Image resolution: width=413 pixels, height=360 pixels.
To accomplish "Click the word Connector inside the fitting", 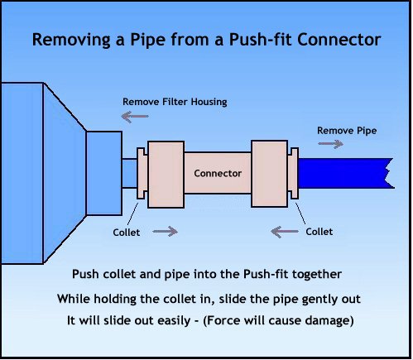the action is (x=218, y=173).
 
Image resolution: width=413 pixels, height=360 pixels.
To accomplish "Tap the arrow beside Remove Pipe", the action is (x=330, y=144).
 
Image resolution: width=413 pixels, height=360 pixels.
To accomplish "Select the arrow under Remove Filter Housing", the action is (x=135, y=117).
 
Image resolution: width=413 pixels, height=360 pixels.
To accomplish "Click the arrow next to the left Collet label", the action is (x=165, y=231).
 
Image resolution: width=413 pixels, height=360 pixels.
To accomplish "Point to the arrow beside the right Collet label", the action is (x=285, y=232).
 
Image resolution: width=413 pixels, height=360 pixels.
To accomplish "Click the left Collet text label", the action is (x=127, y=233).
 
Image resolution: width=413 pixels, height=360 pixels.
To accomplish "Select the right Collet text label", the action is (x=319, y=232).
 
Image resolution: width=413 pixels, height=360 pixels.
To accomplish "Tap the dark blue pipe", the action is (x=346, y=173).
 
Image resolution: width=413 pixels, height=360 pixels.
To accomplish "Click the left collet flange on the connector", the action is (x=142, y=173).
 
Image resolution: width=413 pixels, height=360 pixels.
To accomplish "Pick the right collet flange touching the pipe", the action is (x=293, y=173).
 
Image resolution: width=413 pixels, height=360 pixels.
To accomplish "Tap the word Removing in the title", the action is (x=71, y=40).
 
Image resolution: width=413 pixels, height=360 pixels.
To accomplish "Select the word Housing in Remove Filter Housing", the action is (x=209, y=102).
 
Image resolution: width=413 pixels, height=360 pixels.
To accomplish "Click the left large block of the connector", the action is (x=166, y=175).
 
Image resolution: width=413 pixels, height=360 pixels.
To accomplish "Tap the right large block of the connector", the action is (x=270, y=174).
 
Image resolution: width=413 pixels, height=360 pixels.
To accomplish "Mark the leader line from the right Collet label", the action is (x=300, y=214).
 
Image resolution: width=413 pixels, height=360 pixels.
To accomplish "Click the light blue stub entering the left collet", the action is (x=129, y=173).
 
